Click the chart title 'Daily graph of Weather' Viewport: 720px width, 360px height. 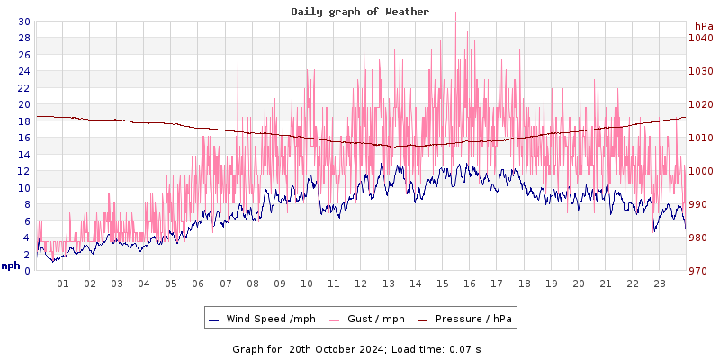tap(359, 12)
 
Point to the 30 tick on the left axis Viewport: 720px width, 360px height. tap(23, 22)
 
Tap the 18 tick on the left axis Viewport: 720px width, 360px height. tap(23, 121)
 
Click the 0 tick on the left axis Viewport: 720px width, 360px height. tap(27, 270)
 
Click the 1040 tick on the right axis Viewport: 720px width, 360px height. tap(701, 38)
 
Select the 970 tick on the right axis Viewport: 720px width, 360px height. tap(701, 271)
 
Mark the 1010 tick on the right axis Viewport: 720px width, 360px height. tap(701, 138)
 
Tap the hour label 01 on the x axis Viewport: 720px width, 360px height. tap(63, 283)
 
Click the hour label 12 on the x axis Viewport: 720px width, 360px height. tap(361, 283)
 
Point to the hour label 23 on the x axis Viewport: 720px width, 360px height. tap(659, 283)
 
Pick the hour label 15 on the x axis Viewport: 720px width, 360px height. tap(442, 283)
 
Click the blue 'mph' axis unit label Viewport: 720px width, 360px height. tap(11, 265)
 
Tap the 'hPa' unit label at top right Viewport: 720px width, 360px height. tap(703, 25)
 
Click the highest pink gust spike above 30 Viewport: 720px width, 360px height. tap(456, 13)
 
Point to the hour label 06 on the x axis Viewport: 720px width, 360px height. tap(198, 283)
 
